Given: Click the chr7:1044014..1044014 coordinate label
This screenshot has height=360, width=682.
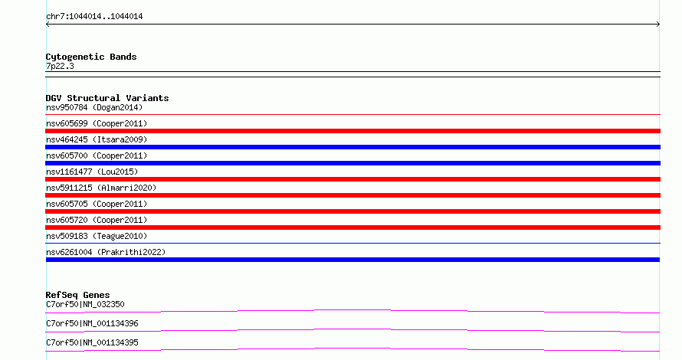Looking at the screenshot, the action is [x=94, y=17].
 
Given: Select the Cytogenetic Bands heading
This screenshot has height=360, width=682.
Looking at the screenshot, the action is [x=91, y=57].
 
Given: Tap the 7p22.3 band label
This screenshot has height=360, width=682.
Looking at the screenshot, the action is [x=60, y=66].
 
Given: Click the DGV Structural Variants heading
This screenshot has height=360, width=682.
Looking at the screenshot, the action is [x=107, y=98].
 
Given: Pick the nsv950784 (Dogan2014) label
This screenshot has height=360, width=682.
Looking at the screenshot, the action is [x=94, y=107].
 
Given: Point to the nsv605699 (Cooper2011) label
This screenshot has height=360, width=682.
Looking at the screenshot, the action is [x=97, y=123].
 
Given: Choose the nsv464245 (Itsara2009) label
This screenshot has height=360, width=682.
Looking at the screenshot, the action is [x=97, y=139].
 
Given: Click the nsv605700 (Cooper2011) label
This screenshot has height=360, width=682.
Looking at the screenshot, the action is [x=97, y=155].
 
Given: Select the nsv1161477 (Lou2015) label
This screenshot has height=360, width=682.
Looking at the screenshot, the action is [x=92, y=172].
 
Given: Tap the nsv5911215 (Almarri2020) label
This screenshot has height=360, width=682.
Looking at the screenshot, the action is [x=101, y=188].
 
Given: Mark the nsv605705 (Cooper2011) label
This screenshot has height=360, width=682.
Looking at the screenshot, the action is [x=97, y=204].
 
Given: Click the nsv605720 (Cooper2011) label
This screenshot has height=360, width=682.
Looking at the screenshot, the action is [x=97, y=220].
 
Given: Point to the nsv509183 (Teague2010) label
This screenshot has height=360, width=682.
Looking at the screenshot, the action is [x=97, y=236].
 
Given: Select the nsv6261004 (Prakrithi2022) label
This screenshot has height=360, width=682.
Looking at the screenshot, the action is [x=106, y=252].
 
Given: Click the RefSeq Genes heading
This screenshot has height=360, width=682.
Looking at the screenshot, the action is [x=77, y=295].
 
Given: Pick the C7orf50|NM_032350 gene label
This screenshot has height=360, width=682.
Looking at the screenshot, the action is [x=85, y=304].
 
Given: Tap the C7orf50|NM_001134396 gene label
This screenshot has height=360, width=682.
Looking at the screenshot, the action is [x=92, y=323].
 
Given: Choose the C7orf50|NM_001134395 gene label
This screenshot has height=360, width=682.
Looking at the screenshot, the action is [x=92, y=342].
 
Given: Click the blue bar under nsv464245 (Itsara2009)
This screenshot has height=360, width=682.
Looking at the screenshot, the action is [x=352, y=147].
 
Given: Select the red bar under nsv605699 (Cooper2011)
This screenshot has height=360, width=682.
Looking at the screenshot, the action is [x=352, y=131].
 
